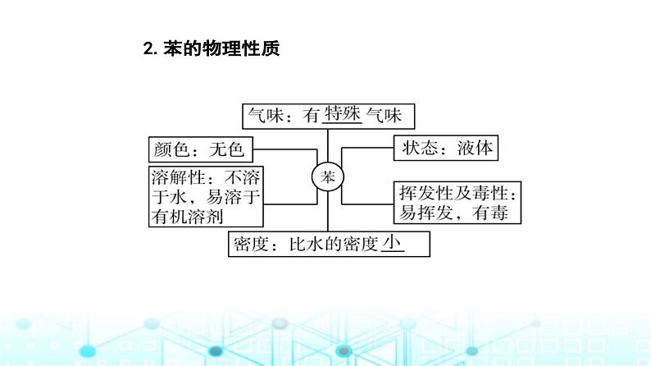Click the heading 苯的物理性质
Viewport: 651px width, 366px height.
[221, 49]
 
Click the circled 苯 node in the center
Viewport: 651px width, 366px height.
[328, 177]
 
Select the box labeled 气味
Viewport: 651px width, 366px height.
[327, 117]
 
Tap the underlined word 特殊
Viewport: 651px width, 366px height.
[343, 115]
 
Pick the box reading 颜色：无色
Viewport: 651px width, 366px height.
[198, 149]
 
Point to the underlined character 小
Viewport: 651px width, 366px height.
[394, 242]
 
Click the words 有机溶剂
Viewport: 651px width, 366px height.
[189, 216]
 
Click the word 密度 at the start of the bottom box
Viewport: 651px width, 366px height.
[250, 245]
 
